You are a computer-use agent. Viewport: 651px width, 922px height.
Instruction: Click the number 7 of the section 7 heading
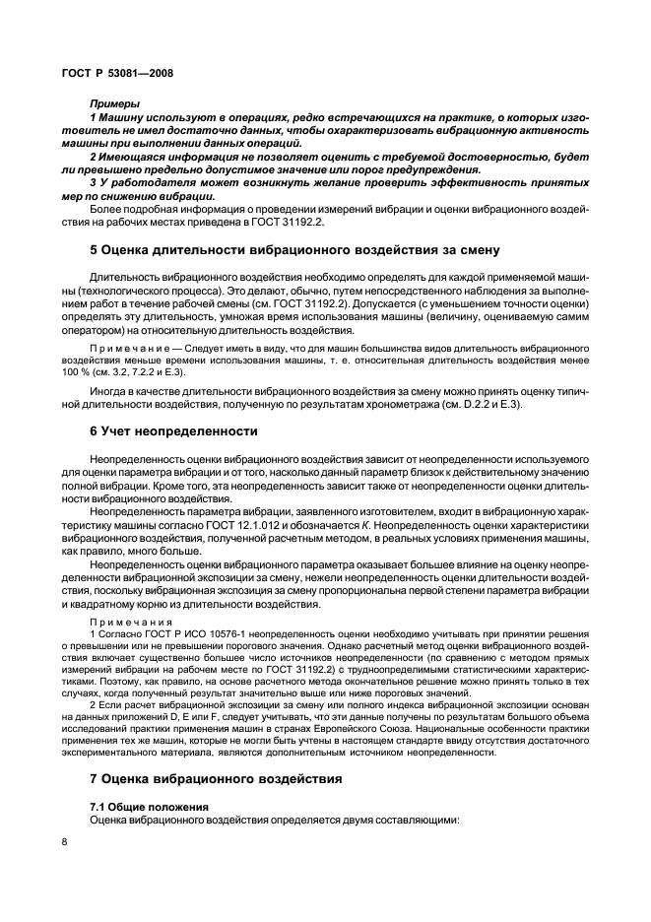coord(94,778)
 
